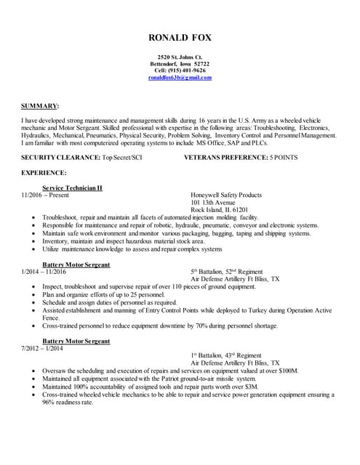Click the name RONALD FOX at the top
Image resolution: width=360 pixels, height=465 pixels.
click(x=180, y=38)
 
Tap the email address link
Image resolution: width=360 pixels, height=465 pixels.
click(x=180, y=77)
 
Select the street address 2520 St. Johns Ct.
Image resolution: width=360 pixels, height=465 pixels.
click(x=180, y=57)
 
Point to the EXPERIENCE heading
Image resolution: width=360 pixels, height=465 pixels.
click(x=44, y=173)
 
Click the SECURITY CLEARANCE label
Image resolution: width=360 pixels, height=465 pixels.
click(x=60, y=157)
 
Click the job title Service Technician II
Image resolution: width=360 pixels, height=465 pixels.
click(x=72, y=187)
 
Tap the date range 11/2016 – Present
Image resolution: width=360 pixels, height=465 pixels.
click(x=45, y=195)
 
